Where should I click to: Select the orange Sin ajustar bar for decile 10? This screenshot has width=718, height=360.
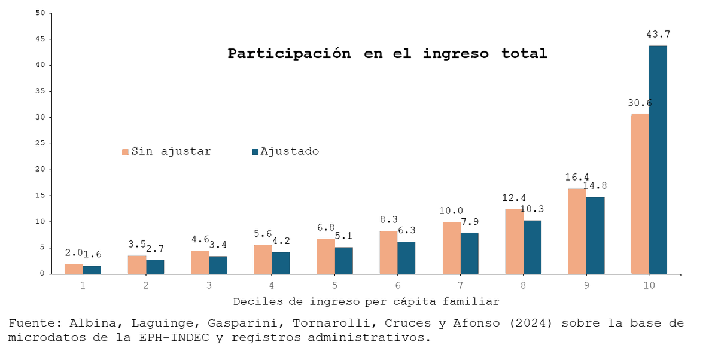[640, 194]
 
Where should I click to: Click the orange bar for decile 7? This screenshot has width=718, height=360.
[451, 248]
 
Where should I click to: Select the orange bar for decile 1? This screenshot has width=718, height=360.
[74, 269]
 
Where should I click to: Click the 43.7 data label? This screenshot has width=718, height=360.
[658, 35]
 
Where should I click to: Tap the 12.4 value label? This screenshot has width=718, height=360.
[514, 198]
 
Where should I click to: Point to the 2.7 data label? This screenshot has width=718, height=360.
[154, 249]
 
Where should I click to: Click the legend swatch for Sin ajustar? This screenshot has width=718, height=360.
[125, 152]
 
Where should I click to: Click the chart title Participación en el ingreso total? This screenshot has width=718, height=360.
[387, 54]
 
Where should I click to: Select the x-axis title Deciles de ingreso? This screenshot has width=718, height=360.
[366, 301]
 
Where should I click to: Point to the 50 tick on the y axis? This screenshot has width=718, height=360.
[40, 13]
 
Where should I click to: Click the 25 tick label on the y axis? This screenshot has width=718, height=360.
[40, 144]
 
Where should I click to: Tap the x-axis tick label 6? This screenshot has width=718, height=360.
[397, 285]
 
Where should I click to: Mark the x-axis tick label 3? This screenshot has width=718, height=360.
[209, 285]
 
